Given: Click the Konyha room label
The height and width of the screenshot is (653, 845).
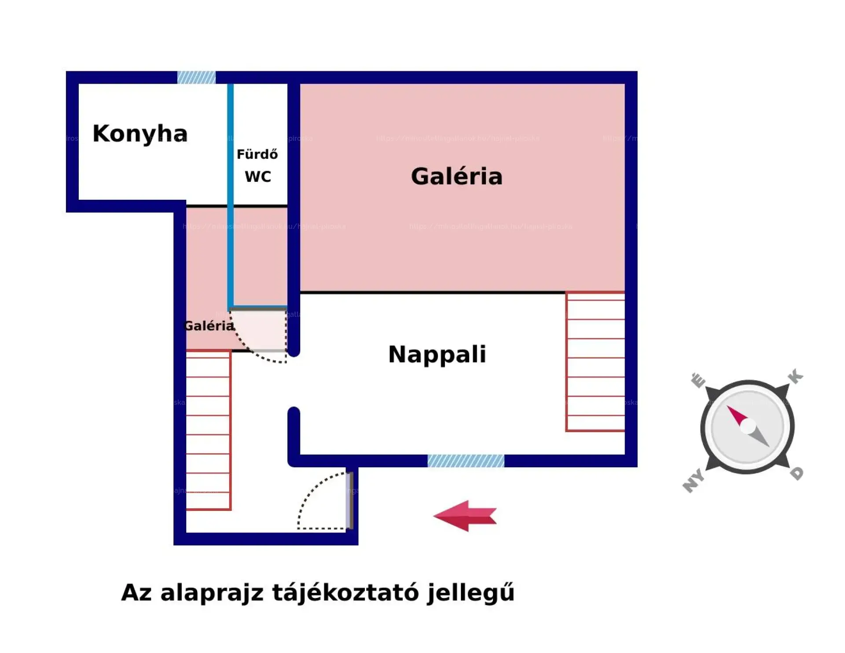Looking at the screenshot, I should pos(140,133).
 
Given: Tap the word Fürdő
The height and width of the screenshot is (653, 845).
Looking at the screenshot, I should pos(257,154).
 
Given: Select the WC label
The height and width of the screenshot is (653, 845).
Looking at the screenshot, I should pos(258,176).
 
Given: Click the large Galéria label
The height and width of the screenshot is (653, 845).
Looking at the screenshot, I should pos(456,176).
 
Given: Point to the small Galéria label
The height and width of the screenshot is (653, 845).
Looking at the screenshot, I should pos(209,326).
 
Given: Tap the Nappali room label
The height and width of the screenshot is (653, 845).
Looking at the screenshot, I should pos(437,354).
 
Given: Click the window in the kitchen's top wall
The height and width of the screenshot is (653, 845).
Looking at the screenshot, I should pos(196,77).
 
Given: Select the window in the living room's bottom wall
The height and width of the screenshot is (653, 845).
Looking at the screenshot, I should pos(466,461).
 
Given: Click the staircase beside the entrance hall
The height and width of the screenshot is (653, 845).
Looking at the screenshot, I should pos(208,430).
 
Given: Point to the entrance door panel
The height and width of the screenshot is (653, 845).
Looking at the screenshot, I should pos(349,500).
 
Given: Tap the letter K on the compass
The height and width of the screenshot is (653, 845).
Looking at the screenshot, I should pos(795,377).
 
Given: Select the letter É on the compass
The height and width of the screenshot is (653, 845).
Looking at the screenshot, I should pos(698,380).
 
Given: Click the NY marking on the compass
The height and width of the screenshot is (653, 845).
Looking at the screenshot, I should pos(694,481).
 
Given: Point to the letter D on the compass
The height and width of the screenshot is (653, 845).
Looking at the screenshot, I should pos(797,473).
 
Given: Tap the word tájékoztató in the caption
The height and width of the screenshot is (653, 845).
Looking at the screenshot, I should pos(345,593).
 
